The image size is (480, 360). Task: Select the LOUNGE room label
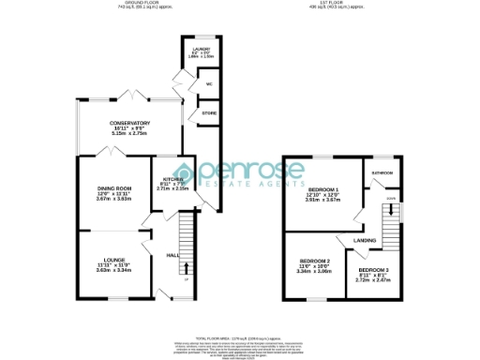click(110, 262)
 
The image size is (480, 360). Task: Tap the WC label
click(209, 84)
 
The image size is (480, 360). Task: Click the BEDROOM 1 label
click(322, 189)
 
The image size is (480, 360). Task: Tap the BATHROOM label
click(382, 173)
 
